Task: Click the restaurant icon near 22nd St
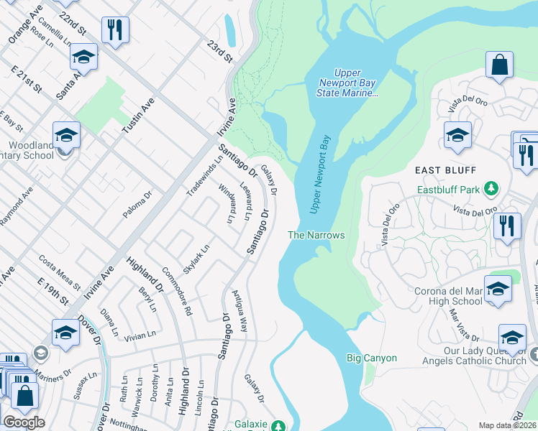coord(114,30)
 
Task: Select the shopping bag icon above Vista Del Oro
coord(498,65)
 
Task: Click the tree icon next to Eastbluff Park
coord(491,189)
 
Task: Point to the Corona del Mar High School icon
coord(498,289)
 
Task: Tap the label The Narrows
coord(316,235)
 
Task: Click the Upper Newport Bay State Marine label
coord(349,83)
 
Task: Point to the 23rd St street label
coord(219,51)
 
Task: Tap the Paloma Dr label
coord(138,205)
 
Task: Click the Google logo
coord(24,422)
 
